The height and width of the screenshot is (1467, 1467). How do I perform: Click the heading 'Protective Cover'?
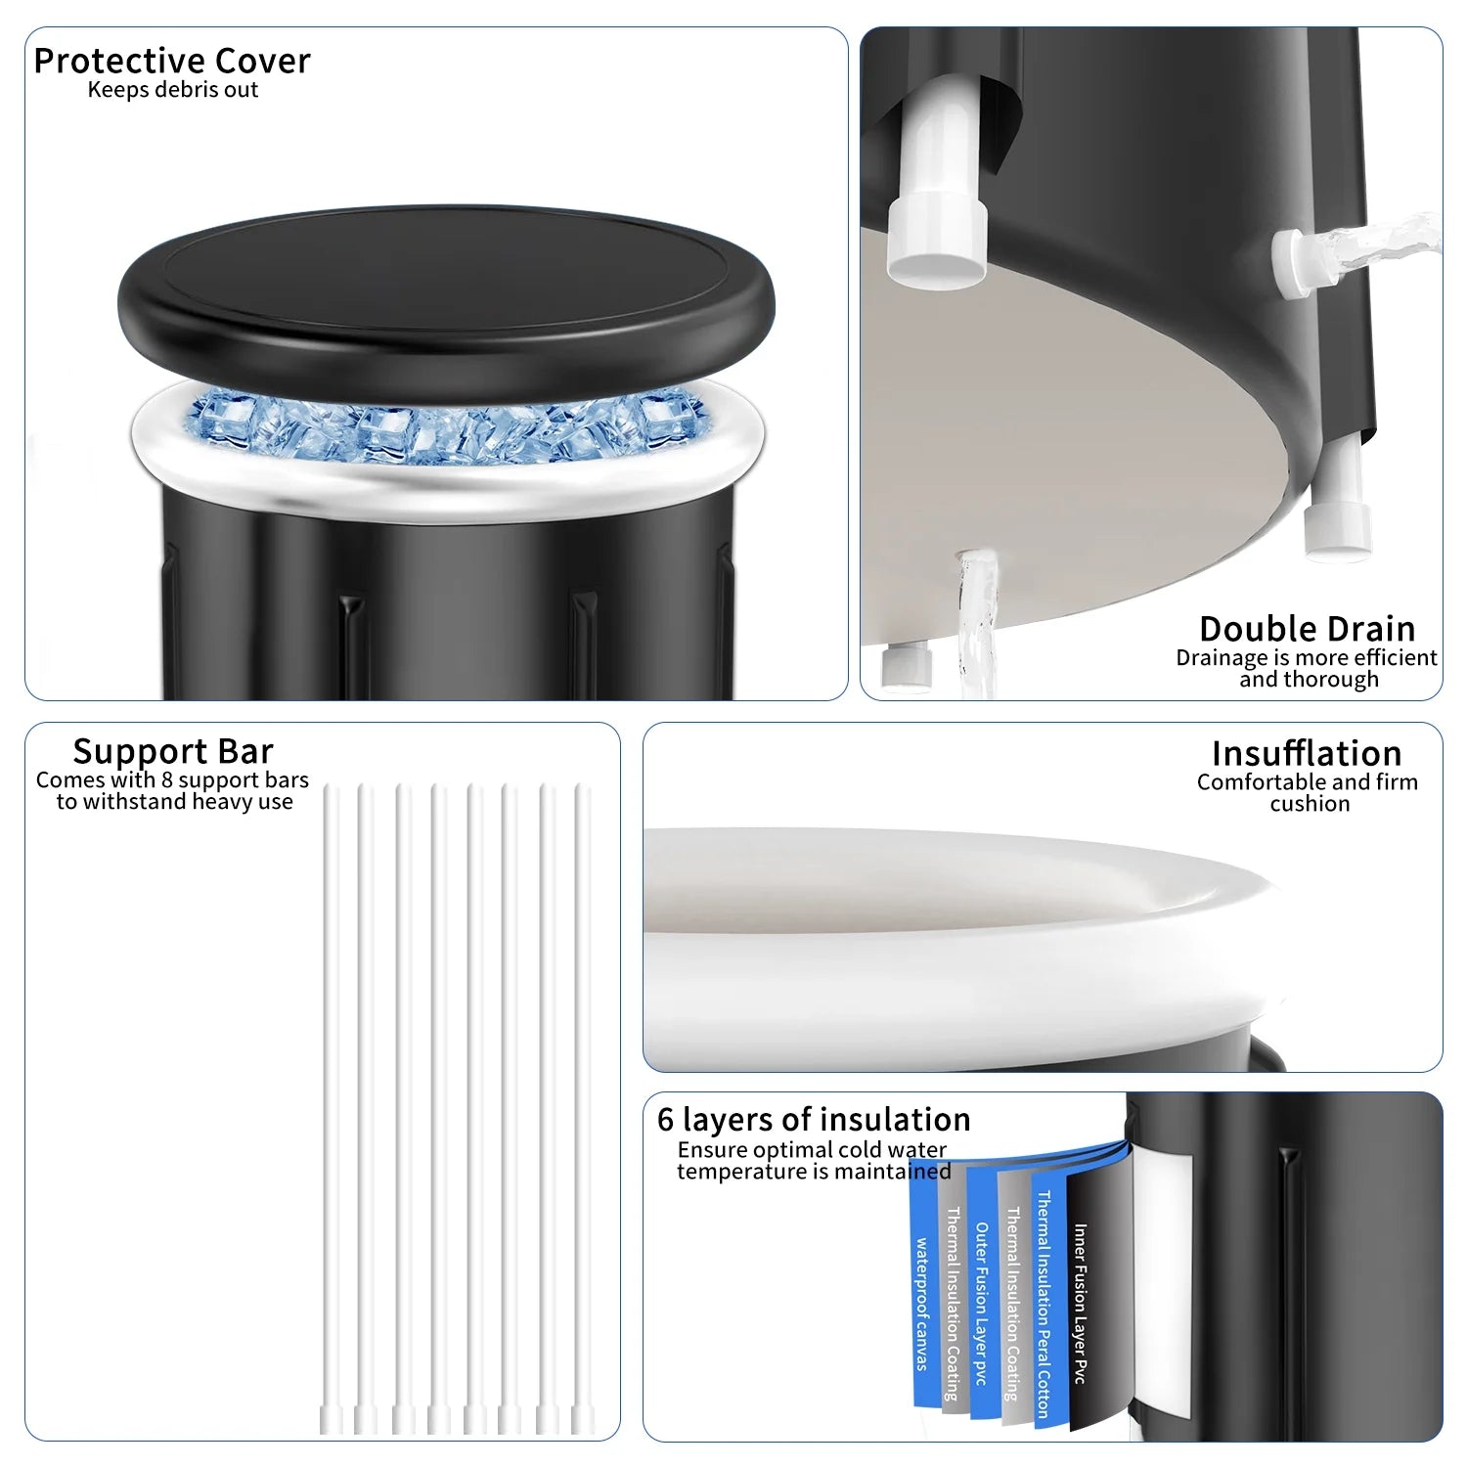tap(172, 62)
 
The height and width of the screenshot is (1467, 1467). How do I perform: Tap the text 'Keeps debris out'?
tap(173, 90)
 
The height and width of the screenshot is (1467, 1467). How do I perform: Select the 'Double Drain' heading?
tap(1308, 628)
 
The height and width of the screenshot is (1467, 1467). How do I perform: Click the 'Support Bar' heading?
tap(173, 751)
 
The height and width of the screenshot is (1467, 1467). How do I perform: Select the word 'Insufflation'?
tap(1307, 753)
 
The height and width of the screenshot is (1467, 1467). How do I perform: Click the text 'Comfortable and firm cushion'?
tap(1308, 793)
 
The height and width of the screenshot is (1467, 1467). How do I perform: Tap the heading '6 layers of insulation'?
tap(814, 1119)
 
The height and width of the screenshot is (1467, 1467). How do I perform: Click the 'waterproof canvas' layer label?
tap(921, 1304)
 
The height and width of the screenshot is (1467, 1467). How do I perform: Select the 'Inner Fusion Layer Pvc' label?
tap(1081, 1304)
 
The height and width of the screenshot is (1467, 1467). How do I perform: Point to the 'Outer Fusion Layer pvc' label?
tap(981, 1304)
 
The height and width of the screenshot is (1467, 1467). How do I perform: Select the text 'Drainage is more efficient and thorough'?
tap(1308, 668)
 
